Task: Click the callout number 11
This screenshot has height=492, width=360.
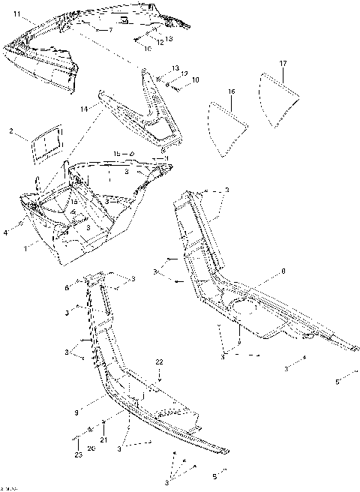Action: pyautogui.click(x=16, y=14)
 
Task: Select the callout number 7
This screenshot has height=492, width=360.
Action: pyautogui.click(x=109, y=30)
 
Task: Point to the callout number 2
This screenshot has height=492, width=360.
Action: pyautogui.click(x=11, y=131)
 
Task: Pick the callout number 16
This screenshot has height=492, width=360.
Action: pyautogui.click(x=232, y=91)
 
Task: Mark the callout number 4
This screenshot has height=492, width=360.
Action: pyautogui.click(x=5, y=233)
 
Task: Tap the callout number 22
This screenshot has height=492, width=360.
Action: pyautogui.click(x=159, y=362)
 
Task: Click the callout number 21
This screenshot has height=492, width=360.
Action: pyautogui.click(x=104, y=439)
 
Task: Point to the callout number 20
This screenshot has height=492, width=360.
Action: pyautogui.click(x=91, y=448)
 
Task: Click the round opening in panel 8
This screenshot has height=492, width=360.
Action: pyautogui.click(x=245, y=308)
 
